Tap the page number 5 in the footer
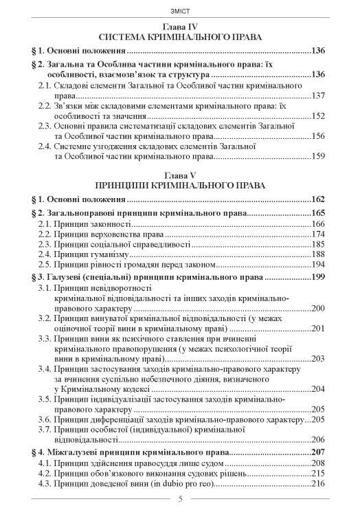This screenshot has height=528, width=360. (180, 518)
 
